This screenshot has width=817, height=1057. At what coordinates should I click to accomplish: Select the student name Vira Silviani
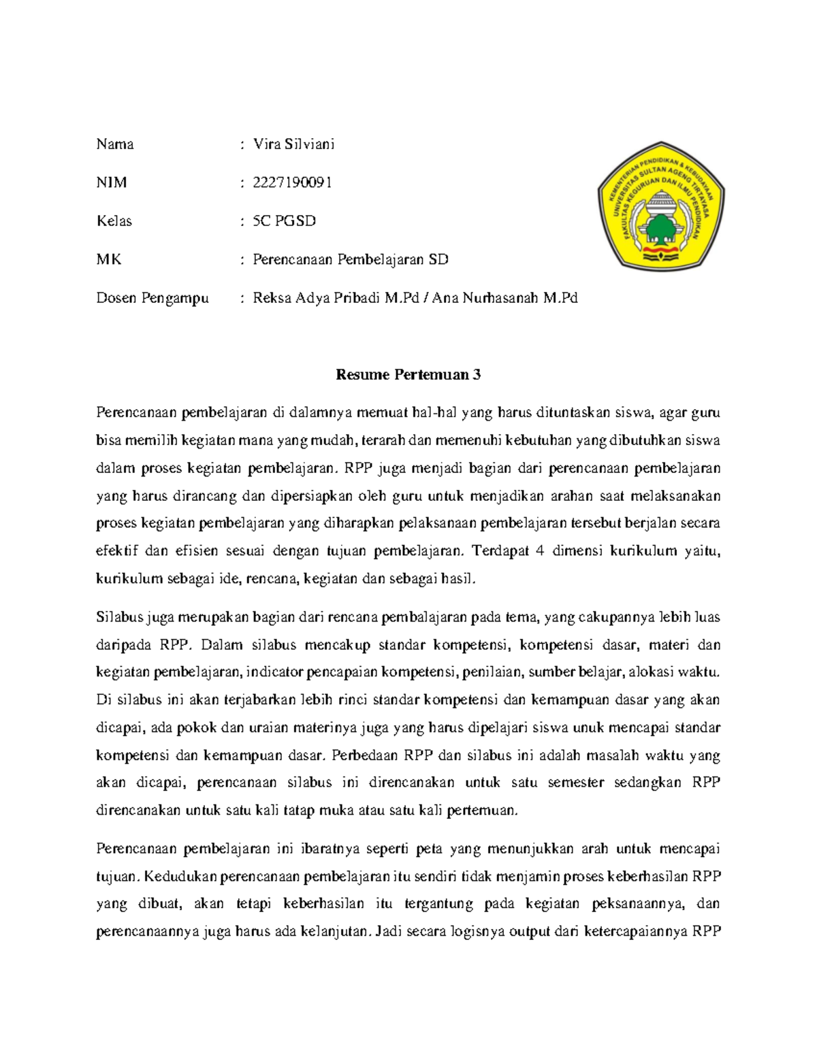[293, 144]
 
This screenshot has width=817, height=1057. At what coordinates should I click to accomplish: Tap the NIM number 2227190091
[292, 182]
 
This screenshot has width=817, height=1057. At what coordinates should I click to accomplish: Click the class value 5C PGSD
[284, 221]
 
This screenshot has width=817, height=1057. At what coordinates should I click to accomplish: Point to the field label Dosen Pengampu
[153, 298]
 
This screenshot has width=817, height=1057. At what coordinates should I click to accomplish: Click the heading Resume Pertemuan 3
[408, 375]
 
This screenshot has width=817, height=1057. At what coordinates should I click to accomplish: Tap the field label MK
[109, 259]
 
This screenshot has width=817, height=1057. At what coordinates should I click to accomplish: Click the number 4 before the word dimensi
[540, 551]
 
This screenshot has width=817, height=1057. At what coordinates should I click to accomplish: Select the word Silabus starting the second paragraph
[120, 617]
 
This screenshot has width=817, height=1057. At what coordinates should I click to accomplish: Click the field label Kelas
[114, 221]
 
